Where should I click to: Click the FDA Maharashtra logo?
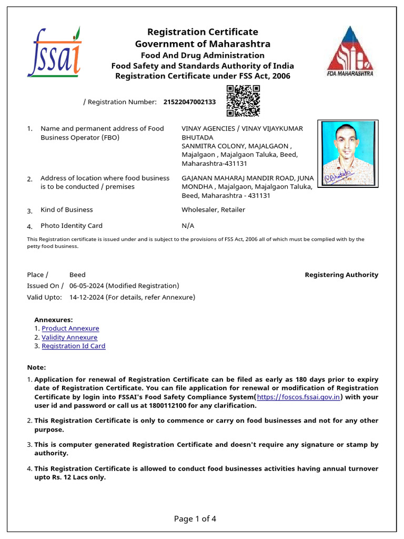pyautogui.click(x=350, y=51)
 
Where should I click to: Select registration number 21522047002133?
pyautogui.click(x=189, y=102)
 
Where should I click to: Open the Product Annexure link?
pyautogui.click(x=70, y=328)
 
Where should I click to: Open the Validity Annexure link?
pyautogui.click(x=69, y=337)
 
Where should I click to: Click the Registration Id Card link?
pyautogui.click(x=74, y=346)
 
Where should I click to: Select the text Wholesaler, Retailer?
pyautogui.click(x=213, y=210)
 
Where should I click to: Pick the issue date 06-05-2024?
pyautogui.click(x=87, y=286)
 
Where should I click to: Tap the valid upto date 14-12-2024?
pyautogui.click(x=87, y=297)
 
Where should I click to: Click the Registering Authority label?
pyautogui.click(x=341, y=275)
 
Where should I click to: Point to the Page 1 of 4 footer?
pyautogui.click(x=195, y=519)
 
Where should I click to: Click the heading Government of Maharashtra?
pyautogui.click(x=203, y=44)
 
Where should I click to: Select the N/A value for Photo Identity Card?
pyautogui.click(x=188, y=226)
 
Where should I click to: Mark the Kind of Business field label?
pyautogui.click(x=67, y=210)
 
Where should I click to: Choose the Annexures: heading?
pyautogui.click(x=54, y=320)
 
